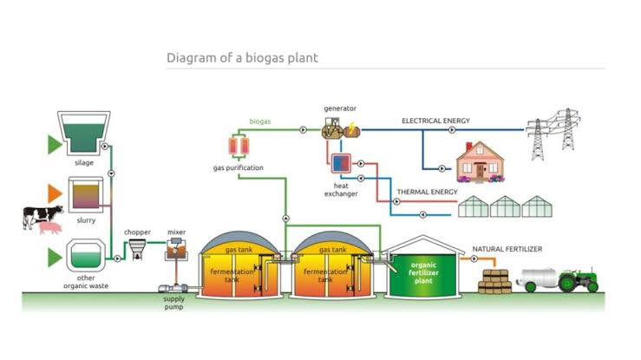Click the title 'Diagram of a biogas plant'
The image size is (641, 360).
click(242, 58)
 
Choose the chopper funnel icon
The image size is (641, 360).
click(138, 252)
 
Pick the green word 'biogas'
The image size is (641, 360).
click(259, 122)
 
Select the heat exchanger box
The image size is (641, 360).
click(340, 164)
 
